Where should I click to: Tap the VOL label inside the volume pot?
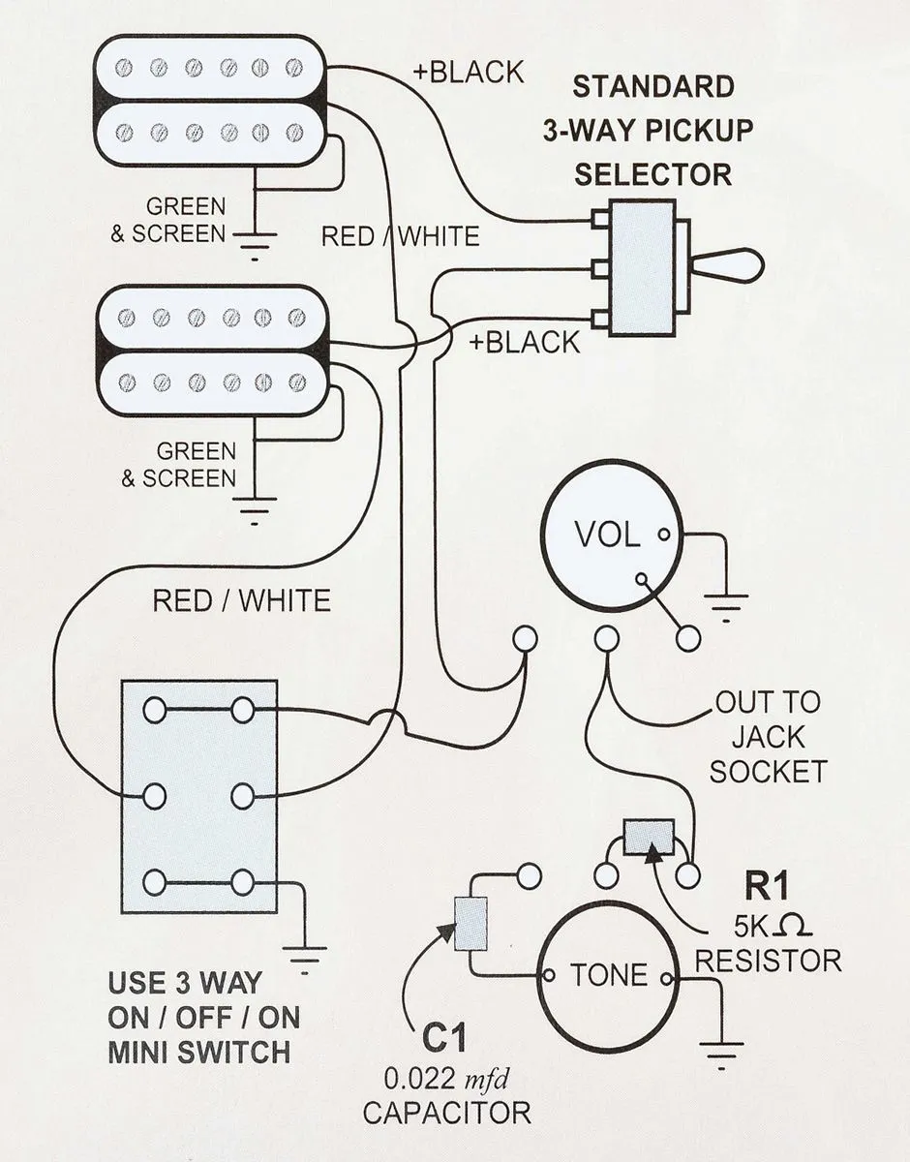tap(607, 534)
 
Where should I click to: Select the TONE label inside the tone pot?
tap(609, 974)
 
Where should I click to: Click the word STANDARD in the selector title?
tap(653, 86)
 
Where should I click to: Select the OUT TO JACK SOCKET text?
tap(768, 738)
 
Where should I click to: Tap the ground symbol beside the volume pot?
tap(726, 608)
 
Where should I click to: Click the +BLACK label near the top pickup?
tap(469, 73)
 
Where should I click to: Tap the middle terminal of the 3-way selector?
tap(601, 268)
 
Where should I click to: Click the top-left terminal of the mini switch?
tap(155, 711)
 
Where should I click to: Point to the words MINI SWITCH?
tap(198, 1053)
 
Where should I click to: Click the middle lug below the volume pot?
tap(606, 638)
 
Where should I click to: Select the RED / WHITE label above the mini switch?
tap(241, 600)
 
